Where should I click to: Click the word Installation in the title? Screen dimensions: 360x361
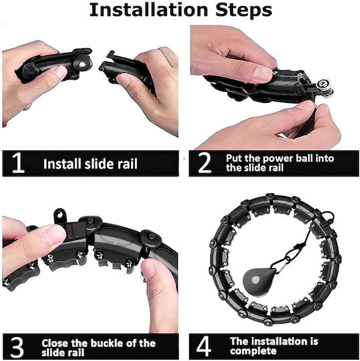tap(148, 10)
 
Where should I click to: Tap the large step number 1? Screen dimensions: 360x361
tap(18, 163)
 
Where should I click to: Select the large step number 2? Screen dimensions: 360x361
tap(204, 163)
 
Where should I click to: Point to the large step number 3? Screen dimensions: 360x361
tap(17, 347)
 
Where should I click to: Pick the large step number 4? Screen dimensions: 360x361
tap(204, 346)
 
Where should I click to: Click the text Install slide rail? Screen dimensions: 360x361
tap(90, 164)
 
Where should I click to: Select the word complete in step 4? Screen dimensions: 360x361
tap(253, 351)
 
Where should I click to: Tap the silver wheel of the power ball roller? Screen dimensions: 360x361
tap(325, 88)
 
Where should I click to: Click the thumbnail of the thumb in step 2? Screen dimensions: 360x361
tap(263, 74)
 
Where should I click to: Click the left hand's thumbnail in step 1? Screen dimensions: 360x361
tap(60, 71)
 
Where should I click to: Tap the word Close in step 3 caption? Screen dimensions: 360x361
tap(55, 343)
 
